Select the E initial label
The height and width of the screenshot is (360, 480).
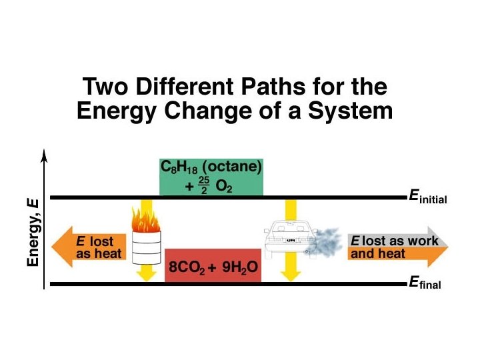pyautogui.click(x=427, y=197)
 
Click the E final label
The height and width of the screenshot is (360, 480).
pyautogui.click(x=424, y=283)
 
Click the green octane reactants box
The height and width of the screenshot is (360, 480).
pyautogui.click(x=211, y=177)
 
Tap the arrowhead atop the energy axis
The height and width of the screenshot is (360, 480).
pyautogui.click(x=44, y=156)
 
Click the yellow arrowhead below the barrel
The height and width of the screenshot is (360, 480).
pyautogui.click(x=145, y=273)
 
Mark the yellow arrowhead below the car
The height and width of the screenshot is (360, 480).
pyautogui.click(x=289, y=273)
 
